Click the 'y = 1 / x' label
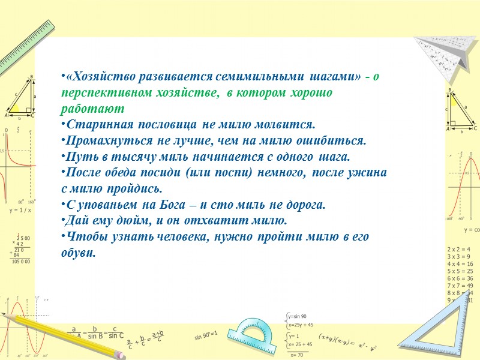[x=20, y=211]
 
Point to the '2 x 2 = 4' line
[x=460, y=248]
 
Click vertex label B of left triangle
[x=31, y=76]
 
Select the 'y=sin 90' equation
[x=298, y=316]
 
